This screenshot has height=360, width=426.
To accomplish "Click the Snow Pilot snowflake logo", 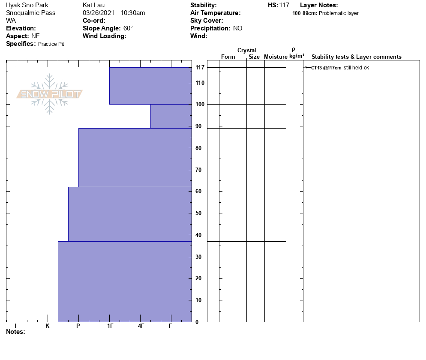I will point(50,94).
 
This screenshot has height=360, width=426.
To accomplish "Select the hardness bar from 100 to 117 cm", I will point(150,86).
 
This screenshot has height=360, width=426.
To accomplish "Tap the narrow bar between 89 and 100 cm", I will point(171,116).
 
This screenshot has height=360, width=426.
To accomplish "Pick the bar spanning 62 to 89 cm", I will point(135,157).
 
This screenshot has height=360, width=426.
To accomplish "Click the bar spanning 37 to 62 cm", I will point(130,214).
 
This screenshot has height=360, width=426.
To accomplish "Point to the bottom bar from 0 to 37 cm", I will point(125,281).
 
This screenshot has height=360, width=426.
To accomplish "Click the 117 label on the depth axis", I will point(200,68).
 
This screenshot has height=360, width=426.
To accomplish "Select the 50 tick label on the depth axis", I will point(198,213).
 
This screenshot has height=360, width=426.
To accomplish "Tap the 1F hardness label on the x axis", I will point(110,326).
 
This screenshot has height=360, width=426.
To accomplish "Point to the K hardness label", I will point(48,326).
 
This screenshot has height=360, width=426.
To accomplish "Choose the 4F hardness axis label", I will point(141,326).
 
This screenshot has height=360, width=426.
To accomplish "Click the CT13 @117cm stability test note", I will point(326,68).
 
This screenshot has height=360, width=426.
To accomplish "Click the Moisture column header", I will point(276,57).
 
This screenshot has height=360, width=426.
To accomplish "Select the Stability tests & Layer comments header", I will point(356,57).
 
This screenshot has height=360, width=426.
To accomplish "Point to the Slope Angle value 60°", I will point(128,28).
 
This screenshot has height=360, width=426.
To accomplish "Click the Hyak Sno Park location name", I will point(27,5).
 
